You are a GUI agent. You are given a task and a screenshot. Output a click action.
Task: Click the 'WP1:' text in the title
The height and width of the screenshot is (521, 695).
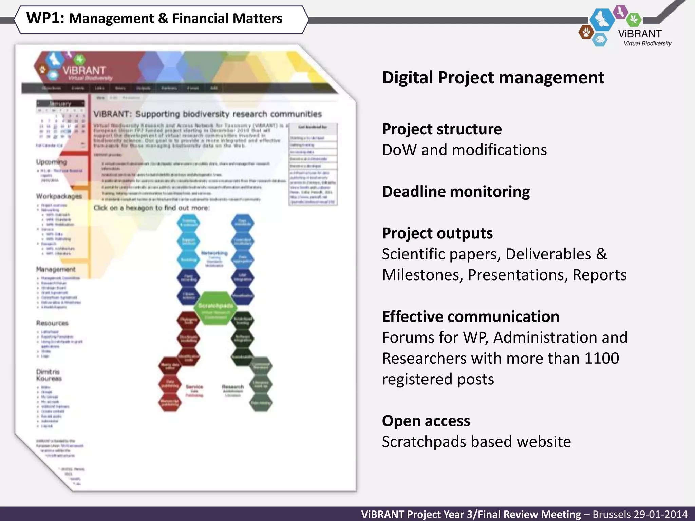point(45,18)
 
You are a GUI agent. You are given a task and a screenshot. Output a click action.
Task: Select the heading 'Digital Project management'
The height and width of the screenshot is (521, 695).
point(493,78)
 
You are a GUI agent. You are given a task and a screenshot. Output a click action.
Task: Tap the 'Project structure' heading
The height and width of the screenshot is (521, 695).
point(442,129)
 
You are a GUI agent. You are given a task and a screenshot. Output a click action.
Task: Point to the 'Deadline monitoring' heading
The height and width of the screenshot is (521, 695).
point(456,192)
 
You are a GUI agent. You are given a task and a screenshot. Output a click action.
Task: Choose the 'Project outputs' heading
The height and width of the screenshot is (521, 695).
point(437,233)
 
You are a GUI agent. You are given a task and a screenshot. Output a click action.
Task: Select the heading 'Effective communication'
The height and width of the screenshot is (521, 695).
point(470,317)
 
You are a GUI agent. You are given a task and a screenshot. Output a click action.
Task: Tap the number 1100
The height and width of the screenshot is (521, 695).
point(601,359)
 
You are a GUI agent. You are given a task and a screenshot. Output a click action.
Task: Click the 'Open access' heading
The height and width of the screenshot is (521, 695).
point(426,421)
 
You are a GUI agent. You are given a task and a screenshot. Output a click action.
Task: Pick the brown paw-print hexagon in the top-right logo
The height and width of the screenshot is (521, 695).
point(586,33)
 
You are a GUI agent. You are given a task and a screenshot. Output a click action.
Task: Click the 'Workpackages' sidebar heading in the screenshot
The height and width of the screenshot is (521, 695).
point(59,196)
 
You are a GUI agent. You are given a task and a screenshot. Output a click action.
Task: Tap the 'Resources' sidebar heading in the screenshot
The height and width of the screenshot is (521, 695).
point(52,323)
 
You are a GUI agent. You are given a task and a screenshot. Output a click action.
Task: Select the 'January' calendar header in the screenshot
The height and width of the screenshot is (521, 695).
point(60,103)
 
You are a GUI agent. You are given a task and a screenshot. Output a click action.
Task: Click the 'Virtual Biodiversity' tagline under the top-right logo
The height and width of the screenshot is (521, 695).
point(647,44)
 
